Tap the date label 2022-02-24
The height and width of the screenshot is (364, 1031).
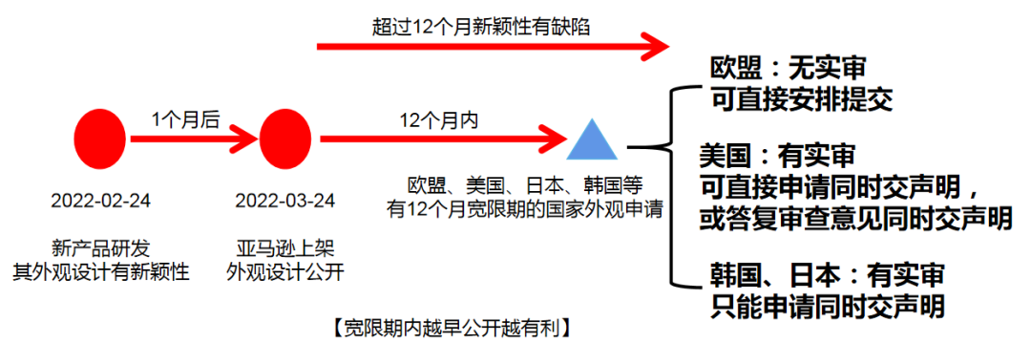point(100,201)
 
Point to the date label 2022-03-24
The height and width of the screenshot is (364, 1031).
point(284,201)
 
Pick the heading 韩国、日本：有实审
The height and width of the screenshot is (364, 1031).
point(827,274)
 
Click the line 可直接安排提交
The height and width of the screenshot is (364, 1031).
point(800,99)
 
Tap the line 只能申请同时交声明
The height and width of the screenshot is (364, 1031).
point(828,306)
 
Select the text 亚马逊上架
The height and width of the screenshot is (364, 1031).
point(284,245)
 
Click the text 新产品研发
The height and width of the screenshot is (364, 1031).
point(100,245)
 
